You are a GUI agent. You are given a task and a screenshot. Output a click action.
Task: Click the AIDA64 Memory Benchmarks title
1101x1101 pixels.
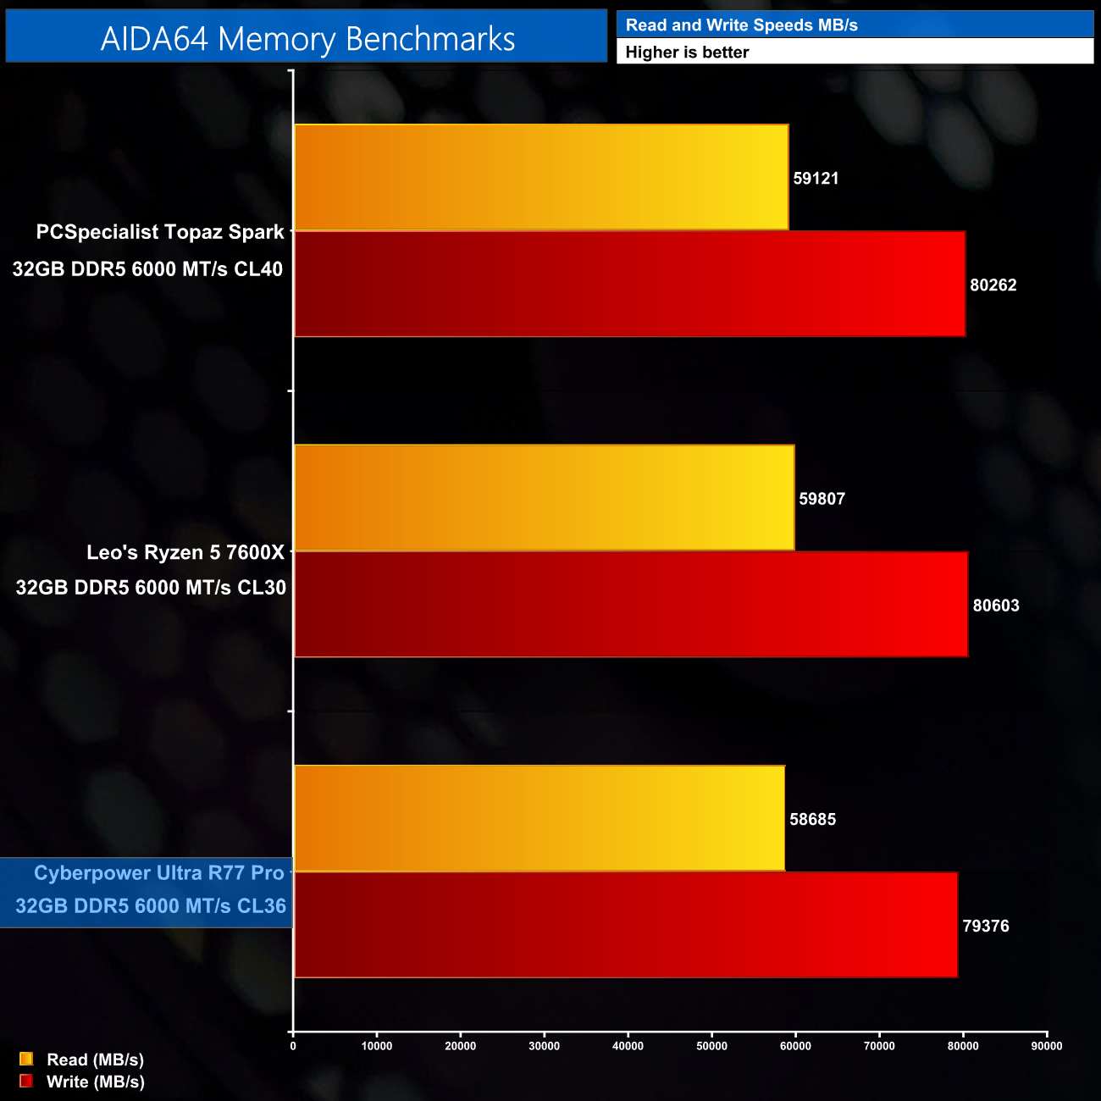pyautogui.click(x=307, y=39)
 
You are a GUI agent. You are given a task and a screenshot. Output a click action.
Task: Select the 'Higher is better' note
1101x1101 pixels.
pyautogui.click(x=687, y=53)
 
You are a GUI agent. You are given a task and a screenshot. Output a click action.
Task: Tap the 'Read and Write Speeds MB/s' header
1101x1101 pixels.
pyautogui.click(x=741, y=25)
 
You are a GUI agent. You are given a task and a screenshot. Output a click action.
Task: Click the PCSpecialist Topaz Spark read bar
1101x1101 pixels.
pyautogui.click(x=541, y=177)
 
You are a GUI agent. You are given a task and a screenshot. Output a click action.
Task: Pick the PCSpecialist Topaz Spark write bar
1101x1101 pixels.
pyautogui.click(x=629, y=284)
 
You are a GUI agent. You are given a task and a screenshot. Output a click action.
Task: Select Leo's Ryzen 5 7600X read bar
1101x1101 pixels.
pyautogui.click(x=544, y=497)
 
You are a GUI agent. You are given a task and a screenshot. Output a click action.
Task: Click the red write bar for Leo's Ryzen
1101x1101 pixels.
pyautogui.click(x=631, y=604)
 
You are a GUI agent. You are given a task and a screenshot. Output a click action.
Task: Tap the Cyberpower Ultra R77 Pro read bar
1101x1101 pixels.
pyautogui.click(x=539, y=818)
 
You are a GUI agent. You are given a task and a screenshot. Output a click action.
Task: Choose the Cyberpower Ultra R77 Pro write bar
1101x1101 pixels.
pyautogui.click(x=626, y=925)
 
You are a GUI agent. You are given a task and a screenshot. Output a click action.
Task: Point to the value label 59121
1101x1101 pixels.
pyautogui.click(x=816, y=178)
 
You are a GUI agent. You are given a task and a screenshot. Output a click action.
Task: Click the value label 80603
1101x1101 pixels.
pyautogui.click(x=996, y=606)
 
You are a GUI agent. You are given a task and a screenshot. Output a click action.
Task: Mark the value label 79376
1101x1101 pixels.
pyautogui.click(x=986, y=926)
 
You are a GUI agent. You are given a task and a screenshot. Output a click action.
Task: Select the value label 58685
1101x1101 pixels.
pyautogui.click(x=812, y=819)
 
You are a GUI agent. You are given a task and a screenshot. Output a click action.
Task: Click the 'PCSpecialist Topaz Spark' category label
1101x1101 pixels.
pyautogui.click(x=160, y=232)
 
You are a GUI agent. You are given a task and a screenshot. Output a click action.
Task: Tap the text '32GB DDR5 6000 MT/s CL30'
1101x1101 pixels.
pyautogui.click(x=151, y=588)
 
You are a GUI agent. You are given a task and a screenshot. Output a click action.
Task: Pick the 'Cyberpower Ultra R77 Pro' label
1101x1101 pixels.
pyautogui.click(x=159, y=873)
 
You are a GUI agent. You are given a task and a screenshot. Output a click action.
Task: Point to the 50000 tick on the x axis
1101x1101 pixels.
pyautogui.click(x=711, y=1046)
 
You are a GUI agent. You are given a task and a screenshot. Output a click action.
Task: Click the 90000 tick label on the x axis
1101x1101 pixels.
pyautogui.click(x=1047, y=1046)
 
